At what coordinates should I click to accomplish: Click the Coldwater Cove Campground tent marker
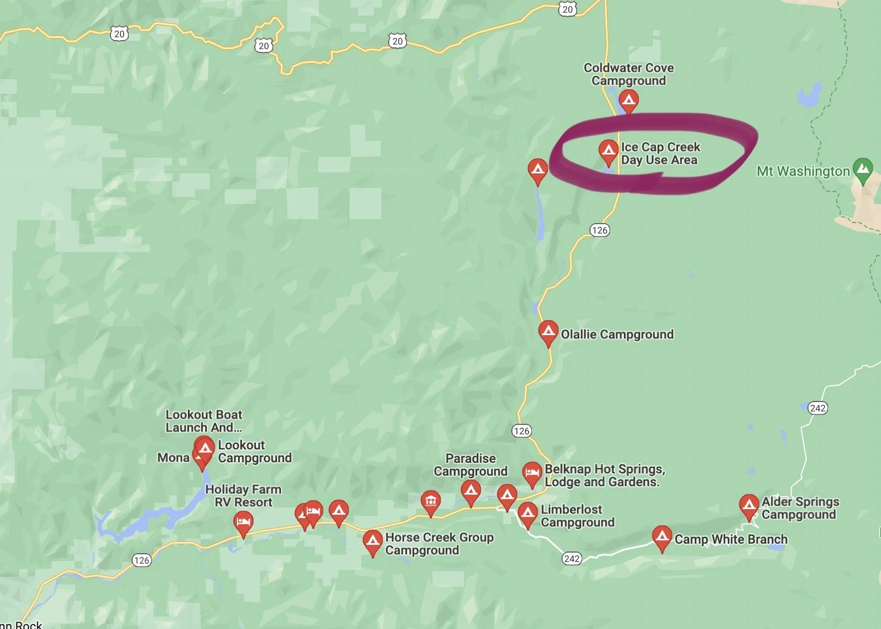629,101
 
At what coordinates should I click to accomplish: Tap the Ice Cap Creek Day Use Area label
660,153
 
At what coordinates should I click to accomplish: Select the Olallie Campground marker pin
548,332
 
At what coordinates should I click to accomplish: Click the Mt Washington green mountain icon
863,168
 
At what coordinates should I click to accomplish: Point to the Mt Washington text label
803,171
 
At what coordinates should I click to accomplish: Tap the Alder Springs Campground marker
749,505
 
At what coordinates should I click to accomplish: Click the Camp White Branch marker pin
662,537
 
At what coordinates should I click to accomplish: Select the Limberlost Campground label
577,516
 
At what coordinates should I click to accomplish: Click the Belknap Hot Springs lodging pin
532,473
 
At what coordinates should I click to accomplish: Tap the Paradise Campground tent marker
471,491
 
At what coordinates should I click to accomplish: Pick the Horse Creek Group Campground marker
372,541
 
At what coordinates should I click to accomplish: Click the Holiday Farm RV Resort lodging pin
243,522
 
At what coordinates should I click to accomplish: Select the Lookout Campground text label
254,452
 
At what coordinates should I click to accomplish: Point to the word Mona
173,458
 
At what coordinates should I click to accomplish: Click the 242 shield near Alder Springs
817,408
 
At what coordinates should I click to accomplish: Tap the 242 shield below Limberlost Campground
572,558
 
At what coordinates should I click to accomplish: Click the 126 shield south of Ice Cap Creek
599,230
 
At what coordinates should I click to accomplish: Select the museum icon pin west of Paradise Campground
430,501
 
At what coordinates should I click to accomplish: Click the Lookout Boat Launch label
204,421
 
